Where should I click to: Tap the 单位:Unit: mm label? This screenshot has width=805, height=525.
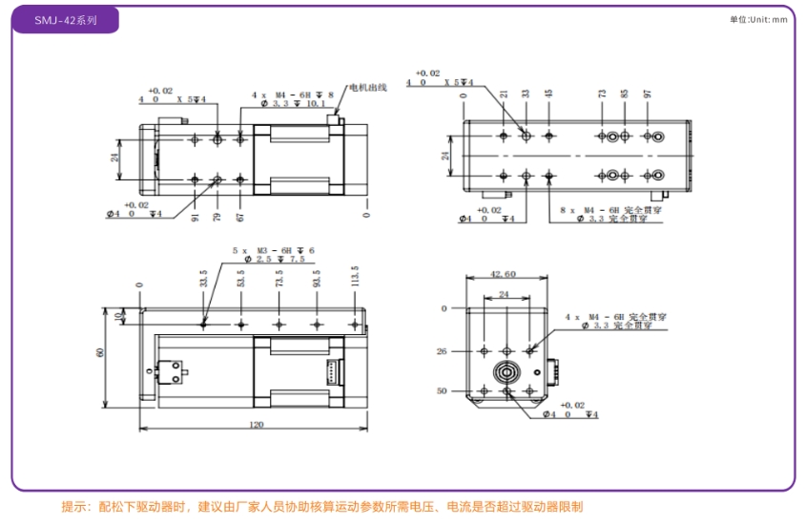(759, 19)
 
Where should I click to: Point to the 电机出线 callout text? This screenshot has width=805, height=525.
(367, 88)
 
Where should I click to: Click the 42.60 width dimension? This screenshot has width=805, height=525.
(506, 274)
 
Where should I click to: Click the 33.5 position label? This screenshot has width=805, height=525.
(203, 278)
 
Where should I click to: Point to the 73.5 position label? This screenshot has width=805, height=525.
(279, 278)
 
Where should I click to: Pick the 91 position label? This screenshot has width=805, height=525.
(195, 218)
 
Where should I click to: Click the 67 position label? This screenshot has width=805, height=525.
(240, 218)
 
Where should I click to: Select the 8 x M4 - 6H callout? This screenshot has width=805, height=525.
(591, 208)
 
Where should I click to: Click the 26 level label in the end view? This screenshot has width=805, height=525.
(442, 351)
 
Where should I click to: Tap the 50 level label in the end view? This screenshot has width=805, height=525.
(442, 390)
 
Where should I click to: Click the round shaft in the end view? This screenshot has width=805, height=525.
(506, 371)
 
